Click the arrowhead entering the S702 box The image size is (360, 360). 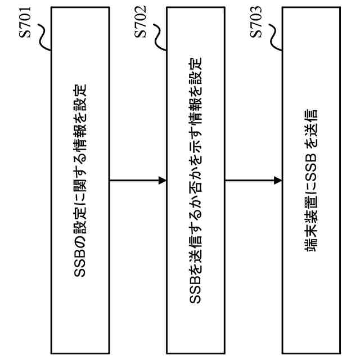tap(163, 181)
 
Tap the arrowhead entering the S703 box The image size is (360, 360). tap(278, 181)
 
